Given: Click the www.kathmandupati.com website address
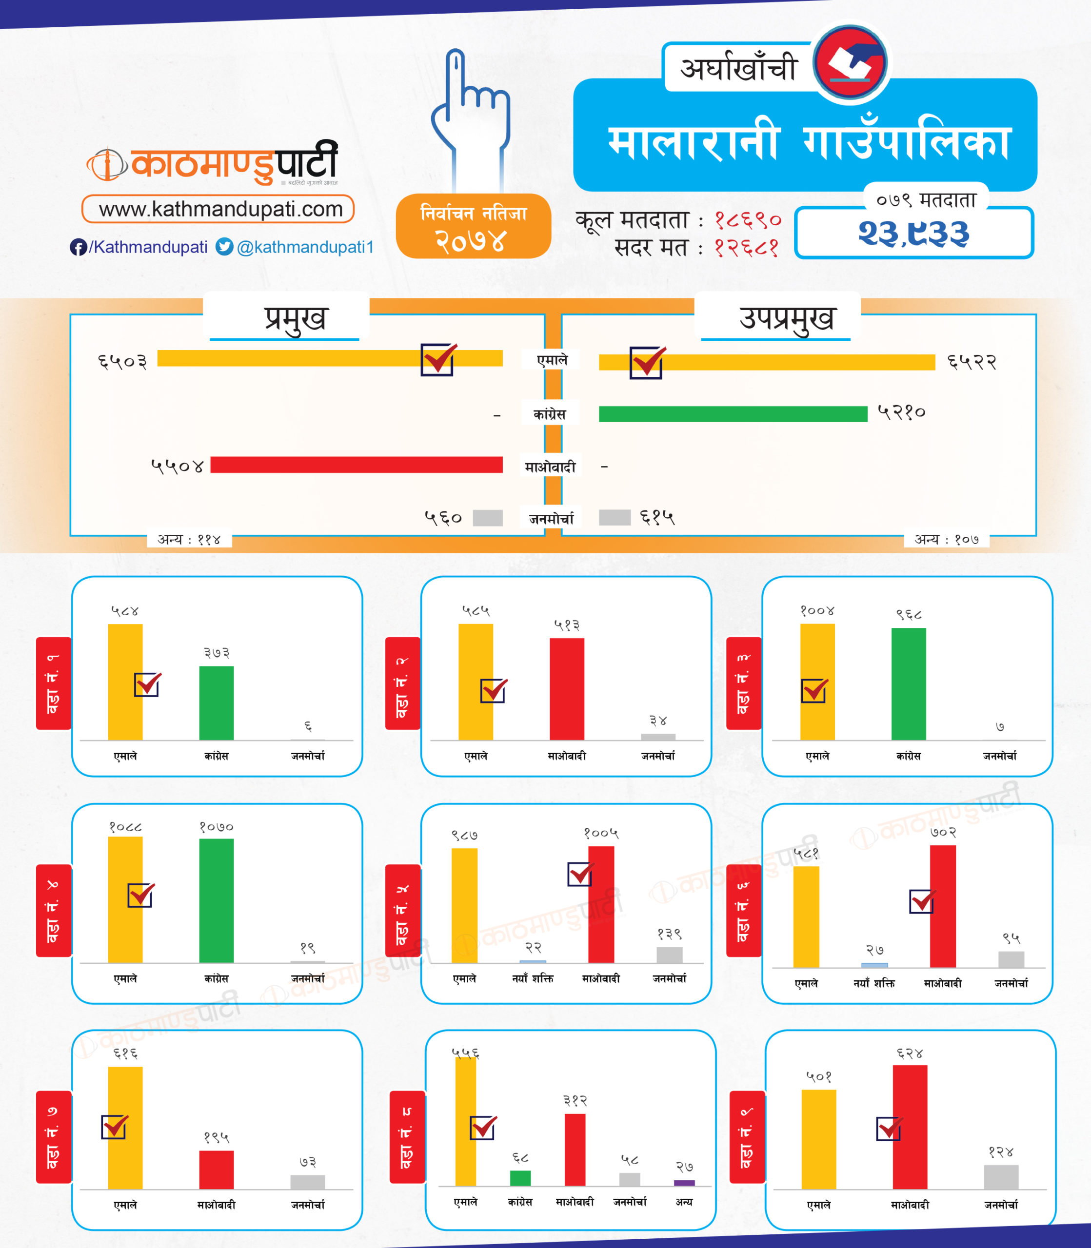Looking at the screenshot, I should coord(218,209).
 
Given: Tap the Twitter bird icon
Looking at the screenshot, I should coord(225,247).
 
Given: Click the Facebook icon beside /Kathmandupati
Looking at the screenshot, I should coord(78,247).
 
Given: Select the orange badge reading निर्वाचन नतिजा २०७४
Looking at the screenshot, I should coord(473,226).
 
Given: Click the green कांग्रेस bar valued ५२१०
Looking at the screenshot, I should coord(733,414).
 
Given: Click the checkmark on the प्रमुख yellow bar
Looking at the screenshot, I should coord(438,360).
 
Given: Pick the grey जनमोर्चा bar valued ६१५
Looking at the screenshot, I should coord(615,517).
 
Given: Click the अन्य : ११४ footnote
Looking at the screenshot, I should coord(189,539).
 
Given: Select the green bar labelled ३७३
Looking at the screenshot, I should coord(216,703).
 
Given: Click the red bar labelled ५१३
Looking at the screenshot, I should coord(567,689).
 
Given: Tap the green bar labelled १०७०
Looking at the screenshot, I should coord(216,900).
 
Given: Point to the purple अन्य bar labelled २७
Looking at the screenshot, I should coord(684,1183).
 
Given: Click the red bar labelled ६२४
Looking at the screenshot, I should coord(910,1127).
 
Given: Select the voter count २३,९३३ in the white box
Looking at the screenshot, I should coord(913,234).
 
